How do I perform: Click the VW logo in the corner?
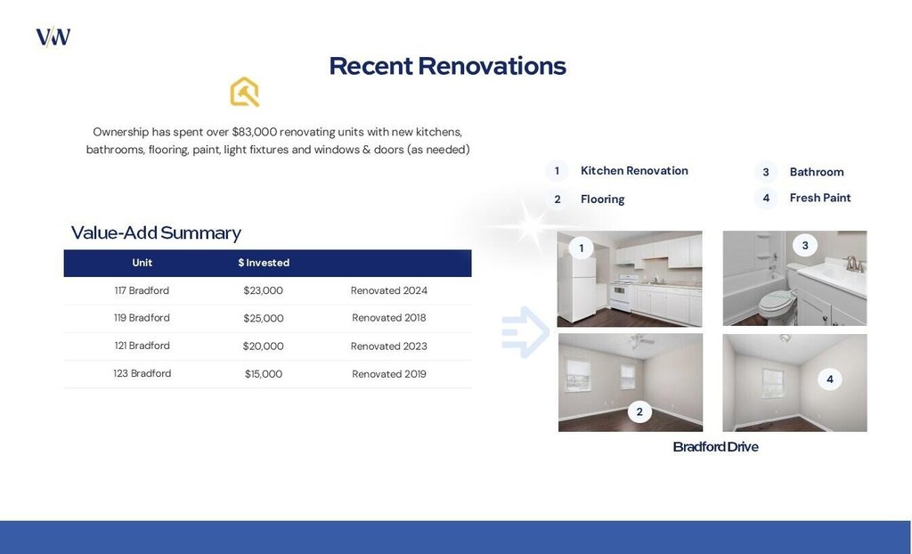point(53,37)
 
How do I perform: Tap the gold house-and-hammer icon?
point(244,92)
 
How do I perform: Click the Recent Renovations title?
point(447,66)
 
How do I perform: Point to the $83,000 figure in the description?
point(254,132)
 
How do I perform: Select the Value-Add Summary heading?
point(156,232)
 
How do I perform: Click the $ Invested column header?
point(264,263)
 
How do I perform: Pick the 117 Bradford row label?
point(142,290)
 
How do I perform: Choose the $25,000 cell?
point(264,318)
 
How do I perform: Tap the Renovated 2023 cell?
point(388,346)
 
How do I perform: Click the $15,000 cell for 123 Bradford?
point(264,374)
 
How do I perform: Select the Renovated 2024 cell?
point(388,290)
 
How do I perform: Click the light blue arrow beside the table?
point(525,331)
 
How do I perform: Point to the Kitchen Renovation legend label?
point(634,170)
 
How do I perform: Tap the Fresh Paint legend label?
point(820,198)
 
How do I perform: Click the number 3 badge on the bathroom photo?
point(805,246)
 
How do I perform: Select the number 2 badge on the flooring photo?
point(639,412)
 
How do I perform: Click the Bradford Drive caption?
point(715,447)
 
